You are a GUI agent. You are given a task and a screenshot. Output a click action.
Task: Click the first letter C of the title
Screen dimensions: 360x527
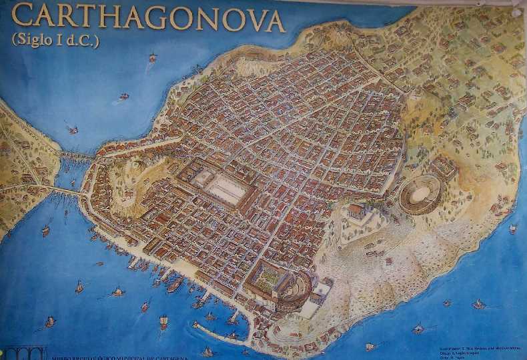coord(23,17)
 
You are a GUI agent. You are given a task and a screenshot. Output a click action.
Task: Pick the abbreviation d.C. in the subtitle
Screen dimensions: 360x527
coord(85,40)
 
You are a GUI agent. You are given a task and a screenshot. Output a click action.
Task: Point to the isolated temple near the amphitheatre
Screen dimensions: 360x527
coord(356,211)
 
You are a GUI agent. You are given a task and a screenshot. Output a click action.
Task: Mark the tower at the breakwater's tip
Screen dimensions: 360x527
coord(195,325)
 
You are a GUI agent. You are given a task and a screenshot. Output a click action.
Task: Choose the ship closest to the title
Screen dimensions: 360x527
coord(153,58)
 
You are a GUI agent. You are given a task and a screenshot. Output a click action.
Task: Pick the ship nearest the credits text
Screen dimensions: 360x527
coord(418,328)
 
